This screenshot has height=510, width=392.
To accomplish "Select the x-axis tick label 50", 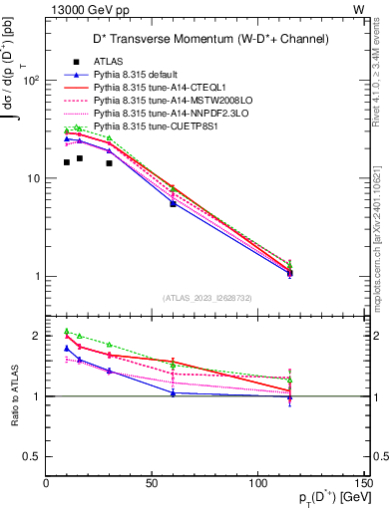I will click(152, 483).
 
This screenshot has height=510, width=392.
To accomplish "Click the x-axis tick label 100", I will click(257, 483).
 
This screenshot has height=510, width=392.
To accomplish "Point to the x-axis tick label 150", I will click(362, 483).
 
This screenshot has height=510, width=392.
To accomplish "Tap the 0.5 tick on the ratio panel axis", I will click(32, 456).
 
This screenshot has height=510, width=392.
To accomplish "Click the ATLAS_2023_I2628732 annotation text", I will click(205, 297).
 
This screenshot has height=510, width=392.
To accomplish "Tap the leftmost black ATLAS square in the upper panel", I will click(67, 162).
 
